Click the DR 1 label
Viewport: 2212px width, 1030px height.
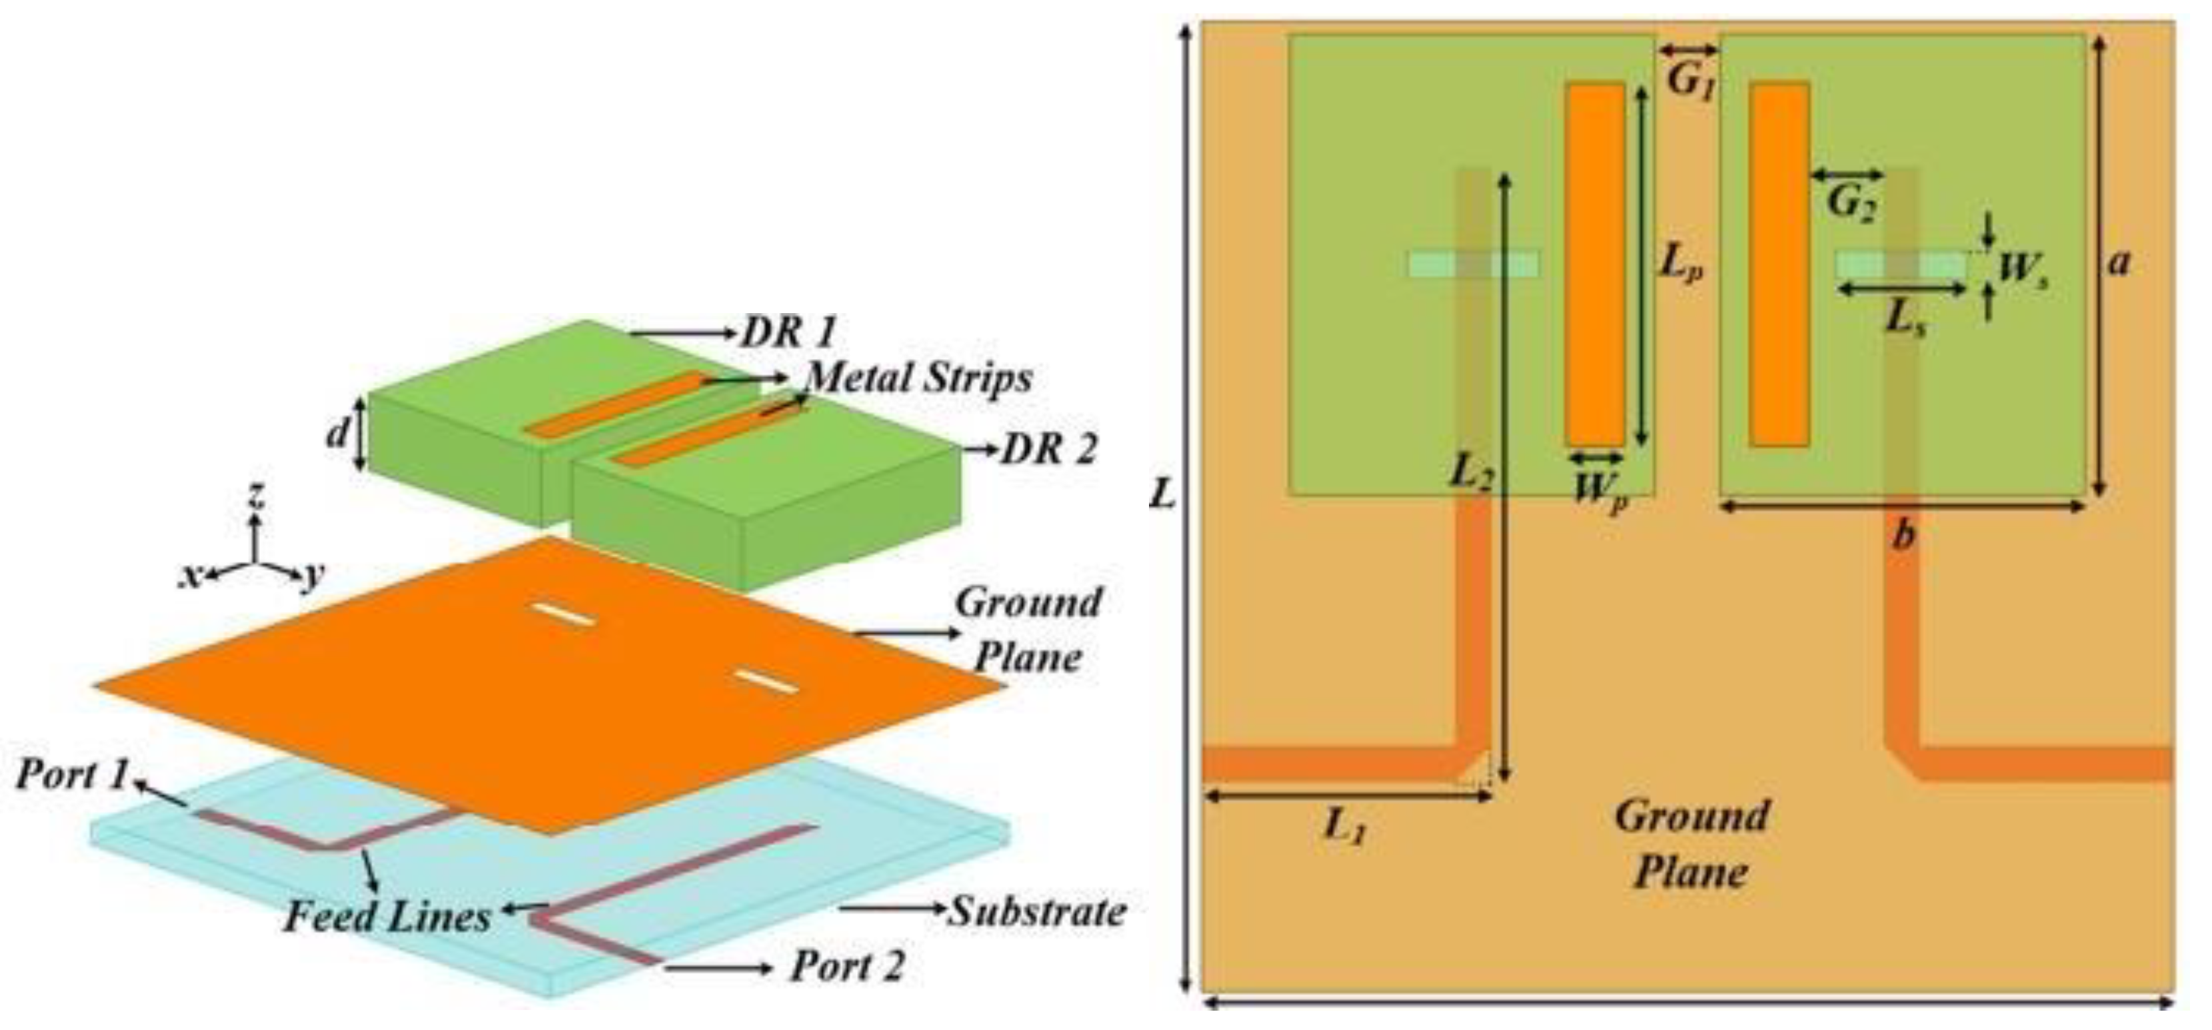(x=789, y=331)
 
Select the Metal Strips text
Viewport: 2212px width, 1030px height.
(x=920, y=378)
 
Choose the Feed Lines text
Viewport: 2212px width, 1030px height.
(x=387, y=917)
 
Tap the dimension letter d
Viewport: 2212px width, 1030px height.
(x=337, y=434)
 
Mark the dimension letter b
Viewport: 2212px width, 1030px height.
(x=1903, y=536)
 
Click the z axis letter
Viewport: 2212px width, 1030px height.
(x=255, y=496)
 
